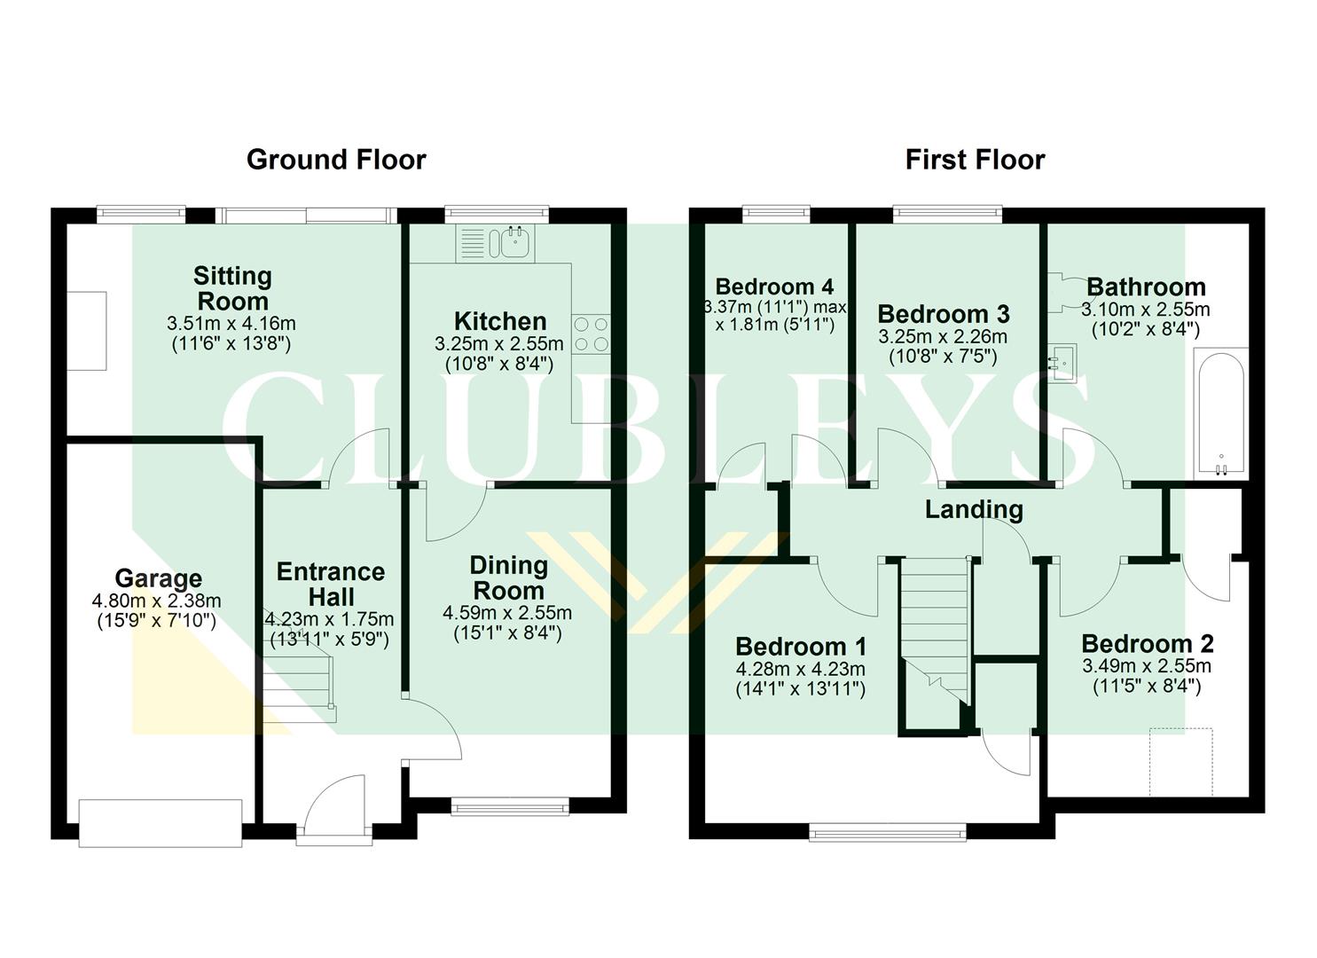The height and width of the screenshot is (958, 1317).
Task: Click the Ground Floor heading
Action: pyautogui.click(x=336, y=160)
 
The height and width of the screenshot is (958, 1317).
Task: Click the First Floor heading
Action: pyautogui.click(x=975, y=160)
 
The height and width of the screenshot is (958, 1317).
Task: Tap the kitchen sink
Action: pyautogui.click(x=512, y=241)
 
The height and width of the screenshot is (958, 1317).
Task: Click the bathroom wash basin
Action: pyautogui.click(x=1061, y=363)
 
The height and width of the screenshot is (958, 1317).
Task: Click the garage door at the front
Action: pyautogui.click(x=161, y=822)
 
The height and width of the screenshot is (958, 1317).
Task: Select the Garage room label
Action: pyautogui.click(x=158, y=579)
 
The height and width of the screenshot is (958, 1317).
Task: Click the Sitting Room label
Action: pyautogui.click(x=232, y=288)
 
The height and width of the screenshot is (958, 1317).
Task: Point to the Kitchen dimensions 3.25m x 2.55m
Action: pyautogui.click(x=499, y=343)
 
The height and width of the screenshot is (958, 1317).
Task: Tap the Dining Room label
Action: pyautogui.click(x=508, y=577)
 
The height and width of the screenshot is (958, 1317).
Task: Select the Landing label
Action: pyautogui.click(x=974, y=509)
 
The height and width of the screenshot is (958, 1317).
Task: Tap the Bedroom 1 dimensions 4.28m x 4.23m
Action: pyautogui.click(x=801, y=670)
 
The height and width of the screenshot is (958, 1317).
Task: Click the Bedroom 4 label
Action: pyautogui.click(x=774, y=287)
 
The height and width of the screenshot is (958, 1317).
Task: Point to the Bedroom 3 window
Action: pyautogui.click(x=947, y=213)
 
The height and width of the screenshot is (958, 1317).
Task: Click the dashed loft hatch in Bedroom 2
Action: pyautogui.click(x=1181, y=762)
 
